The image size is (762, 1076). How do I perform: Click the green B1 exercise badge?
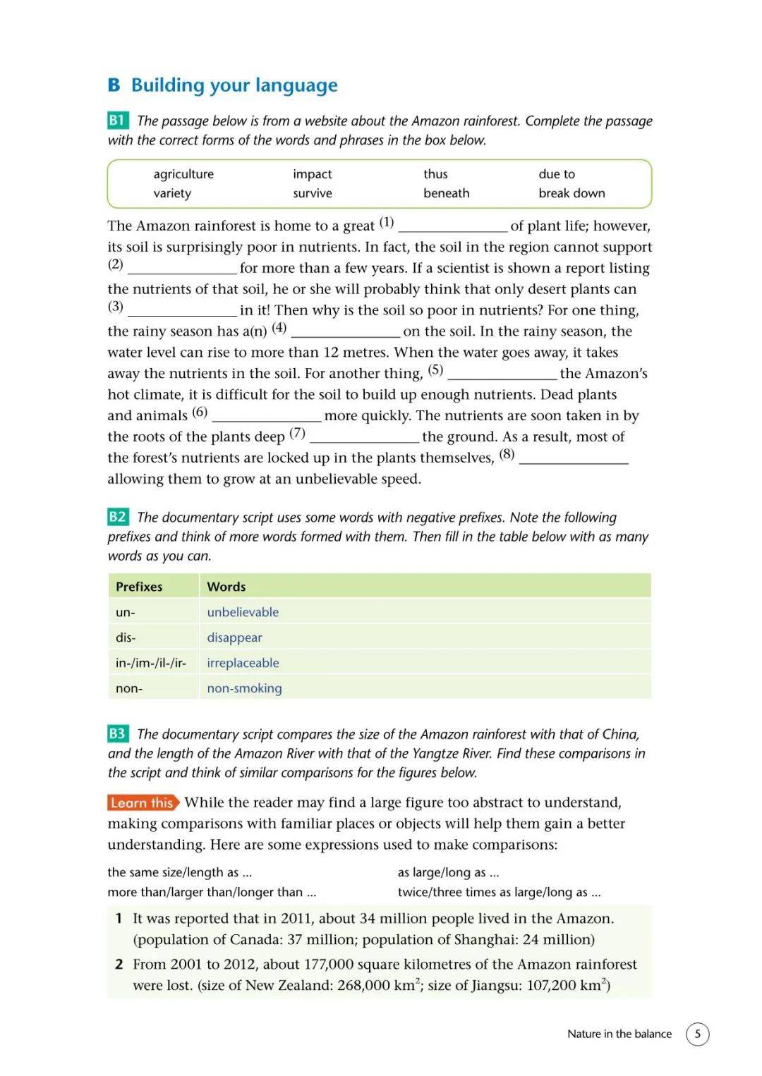(x=117, y=121)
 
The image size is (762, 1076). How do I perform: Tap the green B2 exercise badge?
(x=117, y=517)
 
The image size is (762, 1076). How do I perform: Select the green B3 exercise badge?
(x=117, y=733)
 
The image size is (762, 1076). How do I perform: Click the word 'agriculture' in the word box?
(x=183, y=174)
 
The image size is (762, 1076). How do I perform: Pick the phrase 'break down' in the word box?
(x=571, y=193)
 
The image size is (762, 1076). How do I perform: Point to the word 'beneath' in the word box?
(x=446, y=193)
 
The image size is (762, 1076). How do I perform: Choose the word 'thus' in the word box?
(x=435, y=174)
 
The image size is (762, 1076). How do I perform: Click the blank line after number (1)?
(x=453, y=227)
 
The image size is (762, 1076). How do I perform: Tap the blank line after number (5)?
(x=502, y=374)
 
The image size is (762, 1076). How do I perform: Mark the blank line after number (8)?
(x=573, y=459)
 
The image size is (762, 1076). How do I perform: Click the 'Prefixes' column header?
(x=139, y=587)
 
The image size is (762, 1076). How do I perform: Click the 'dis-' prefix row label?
(x=126, y=637)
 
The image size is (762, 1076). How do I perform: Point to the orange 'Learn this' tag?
(x=143, y=802)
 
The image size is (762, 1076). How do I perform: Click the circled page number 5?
(x=697, y=1034)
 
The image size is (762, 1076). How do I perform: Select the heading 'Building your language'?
(x=234, y=85)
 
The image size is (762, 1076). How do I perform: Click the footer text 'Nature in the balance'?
(x=619, y=1034)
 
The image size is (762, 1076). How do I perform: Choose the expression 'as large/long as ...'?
(x=448, y=872)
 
